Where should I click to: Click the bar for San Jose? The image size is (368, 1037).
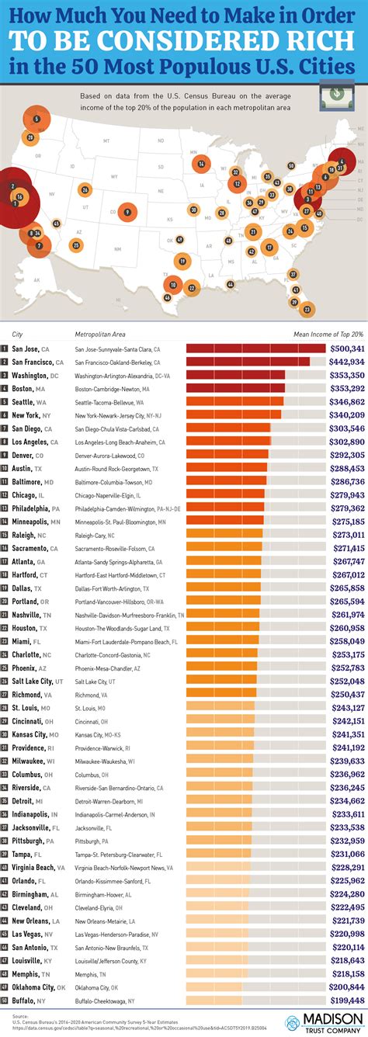tap(255, 349)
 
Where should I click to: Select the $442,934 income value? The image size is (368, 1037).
tap(346, 362)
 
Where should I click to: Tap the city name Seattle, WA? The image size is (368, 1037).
tap(28, 402)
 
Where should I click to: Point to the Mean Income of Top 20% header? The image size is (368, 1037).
tap(328, 335)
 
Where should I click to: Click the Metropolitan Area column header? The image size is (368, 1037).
tap(100, 335)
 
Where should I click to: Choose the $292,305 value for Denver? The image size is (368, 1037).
tap(346, 454)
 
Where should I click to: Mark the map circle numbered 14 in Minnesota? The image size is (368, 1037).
tap(201, 163)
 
